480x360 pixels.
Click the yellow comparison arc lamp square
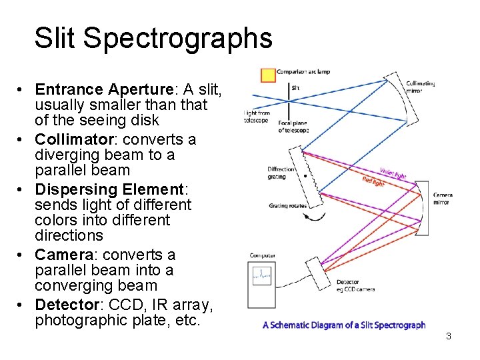point(268,74)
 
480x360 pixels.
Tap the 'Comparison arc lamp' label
point(303,71)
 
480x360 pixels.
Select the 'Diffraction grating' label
point(281,173)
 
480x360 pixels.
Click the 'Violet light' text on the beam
point(393,173)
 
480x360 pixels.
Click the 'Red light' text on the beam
point(373,181)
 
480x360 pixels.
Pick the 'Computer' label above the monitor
point(263,255)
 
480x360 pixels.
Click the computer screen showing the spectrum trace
point(262,275)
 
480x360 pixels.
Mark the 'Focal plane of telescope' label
point(293,127)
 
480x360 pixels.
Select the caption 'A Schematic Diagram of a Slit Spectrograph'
point(344,325)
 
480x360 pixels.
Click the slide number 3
point(449,336)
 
